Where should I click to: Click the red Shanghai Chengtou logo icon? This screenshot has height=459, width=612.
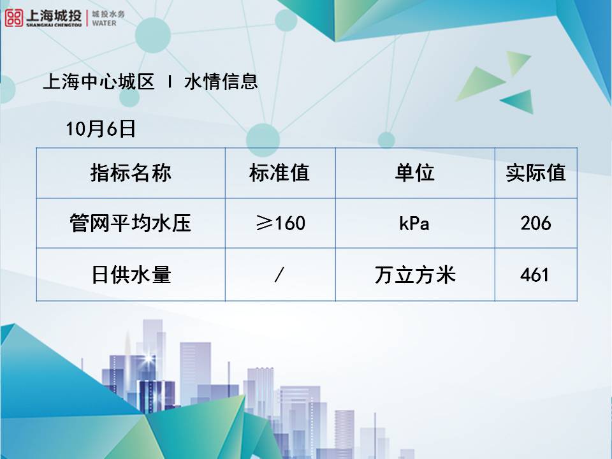pos(14,18)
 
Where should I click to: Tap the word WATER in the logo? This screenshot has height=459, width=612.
pos(104,24)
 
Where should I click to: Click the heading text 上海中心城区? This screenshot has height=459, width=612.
pos(99,82)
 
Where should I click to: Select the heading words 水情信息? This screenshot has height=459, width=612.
pos(221,82)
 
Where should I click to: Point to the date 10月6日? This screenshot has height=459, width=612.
pos(101,129)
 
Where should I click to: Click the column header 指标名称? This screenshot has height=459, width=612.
pos(131,173)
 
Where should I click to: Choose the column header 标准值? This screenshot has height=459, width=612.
pos(279,173)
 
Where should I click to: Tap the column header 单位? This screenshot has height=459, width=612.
pos(414,173)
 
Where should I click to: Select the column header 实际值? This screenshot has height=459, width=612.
pos(535,173)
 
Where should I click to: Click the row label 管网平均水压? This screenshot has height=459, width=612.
pos(130,223)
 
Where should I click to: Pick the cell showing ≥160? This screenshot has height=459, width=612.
pos(280,223)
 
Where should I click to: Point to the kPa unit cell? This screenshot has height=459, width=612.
pos(414,224)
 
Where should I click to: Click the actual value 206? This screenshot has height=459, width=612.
pos(535,223)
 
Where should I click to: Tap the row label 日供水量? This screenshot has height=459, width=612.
pos(131,274)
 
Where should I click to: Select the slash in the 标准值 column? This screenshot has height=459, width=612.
pos(279,274)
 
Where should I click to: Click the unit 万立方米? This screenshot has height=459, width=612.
pos(415,274)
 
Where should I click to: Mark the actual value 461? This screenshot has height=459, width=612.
pos(535,274)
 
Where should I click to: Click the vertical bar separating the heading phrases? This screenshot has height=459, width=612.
pos(170,82)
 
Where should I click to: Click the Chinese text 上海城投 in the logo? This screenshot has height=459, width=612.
pos(54,15)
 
